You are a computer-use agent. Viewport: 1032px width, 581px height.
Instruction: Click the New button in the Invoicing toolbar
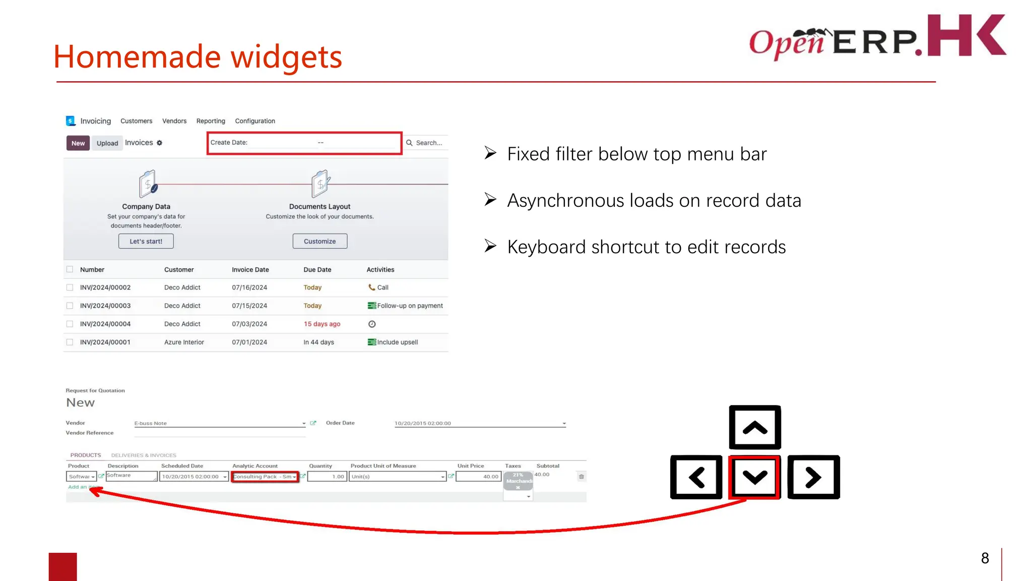click(78, 143)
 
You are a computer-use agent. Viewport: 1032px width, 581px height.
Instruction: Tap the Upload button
click(107, 143)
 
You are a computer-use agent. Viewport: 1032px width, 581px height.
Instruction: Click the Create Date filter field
click(304, 143)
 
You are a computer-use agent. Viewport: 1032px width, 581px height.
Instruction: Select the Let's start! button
click(146, 241)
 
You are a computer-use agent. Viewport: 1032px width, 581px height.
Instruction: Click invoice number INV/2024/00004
click(105, 324)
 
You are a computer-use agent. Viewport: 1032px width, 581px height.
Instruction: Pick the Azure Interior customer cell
click(184, 342)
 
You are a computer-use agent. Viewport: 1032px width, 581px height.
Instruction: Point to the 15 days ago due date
click(322, 324)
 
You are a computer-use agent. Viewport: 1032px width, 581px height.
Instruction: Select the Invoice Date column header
click(250, 270)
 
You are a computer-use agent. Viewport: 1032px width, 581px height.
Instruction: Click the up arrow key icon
click(755, 428)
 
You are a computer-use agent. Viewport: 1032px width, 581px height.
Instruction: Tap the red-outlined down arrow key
click(755, 477)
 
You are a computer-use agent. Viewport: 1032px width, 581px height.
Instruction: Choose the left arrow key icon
click(696, 477)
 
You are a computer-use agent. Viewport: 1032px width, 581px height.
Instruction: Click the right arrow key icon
click(813, 477)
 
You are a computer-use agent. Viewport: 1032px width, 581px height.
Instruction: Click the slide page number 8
click(985, 558)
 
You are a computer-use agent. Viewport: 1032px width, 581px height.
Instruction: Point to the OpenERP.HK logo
click(877, 36)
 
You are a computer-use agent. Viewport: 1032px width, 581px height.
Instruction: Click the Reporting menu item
click(211, 121)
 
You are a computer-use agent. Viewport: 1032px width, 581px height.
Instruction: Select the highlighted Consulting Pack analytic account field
click(265, 477)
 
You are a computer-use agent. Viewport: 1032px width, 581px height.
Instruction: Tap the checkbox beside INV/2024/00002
click(70, 287)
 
